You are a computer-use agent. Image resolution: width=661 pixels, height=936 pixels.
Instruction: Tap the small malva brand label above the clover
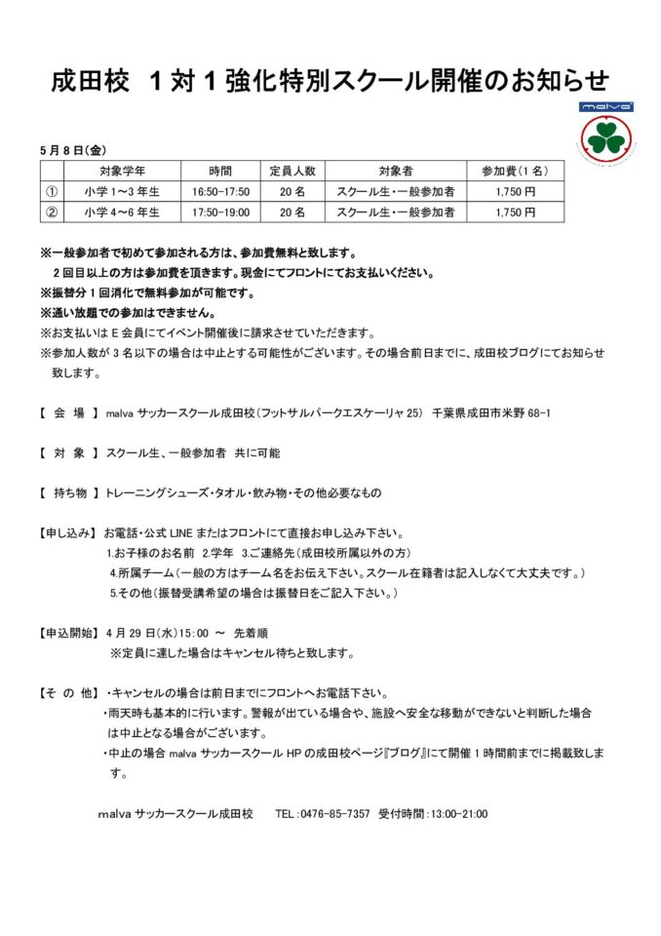click(606, 106)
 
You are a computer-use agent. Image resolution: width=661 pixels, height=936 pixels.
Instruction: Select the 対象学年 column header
click(122, 171)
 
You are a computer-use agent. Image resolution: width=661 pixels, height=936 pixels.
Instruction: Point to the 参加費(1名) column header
click(516, 171)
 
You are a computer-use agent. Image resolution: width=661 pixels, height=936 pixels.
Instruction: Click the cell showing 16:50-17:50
click(220, 191)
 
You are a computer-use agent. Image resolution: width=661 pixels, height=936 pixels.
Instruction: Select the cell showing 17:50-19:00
click(220, 212)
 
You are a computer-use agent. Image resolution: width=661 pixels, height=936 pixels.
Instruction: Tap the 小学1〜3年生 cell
click(122, 191)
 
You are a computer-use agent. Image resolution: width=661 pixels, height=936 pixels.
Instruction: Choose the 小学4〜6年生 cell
click(122, 212)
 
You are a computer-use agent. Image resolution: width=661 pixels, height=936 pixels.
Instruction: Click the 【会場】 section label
click(69, 414)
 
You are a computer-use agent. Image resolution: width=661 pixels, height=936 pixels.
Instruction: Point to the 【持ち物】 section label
click(69, 493)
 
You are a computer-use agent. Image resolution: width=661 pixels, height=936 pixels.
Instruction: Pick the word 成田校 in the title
click(91, 81)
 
